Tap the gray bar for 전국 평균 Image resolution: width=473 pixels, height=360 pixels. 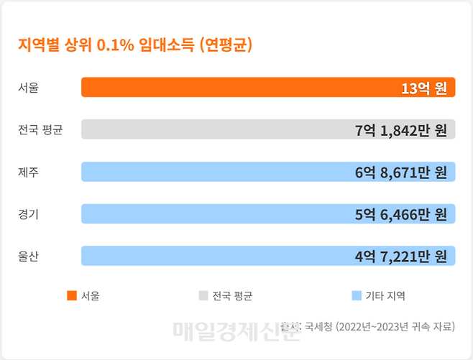(x=216, y=129)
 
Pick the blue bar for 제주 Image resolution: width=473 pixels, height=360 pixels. (x=216, y=172)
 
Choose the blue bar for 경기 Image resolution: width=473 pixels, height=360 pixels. (x=216, y=214)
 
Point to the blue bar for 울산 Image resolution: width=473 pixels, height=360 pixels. (x=216, y=256)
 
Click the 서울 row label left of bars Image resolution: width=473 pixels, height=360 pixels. (x=29, y=88)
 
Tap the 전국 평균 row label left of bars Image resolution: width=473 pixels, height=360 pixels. (x=40, y=130)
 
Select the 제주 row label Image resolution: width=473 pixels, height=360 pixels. (x=29, y=172)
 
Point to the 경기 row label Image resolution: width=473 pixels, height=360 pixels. (x=29, y=214)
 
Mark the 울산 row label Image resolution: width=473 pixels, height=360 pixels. (x=29, y=256)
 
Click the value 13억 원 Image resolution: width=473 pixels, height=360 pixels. (x=424, y=88)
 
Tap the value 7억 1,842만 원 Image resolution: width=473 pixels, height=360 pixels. (x=401, y=130)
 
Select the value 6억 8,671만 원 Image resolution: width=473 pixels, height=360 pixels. (x=401, y=172)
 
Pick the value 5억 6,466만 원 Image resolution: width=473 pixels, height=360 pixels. (x=401, y=214)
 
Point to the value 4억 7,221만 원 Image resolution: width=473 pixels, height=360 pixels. (x=401, y=256)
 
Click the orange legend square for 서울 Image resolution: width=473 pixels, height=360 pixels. (x=71, y=295)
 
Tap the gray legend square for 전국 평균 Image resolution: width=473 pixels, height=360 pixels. (x=203, y=295)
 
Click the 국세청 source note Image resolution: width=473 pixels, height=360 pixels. (x=370, y=327)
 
